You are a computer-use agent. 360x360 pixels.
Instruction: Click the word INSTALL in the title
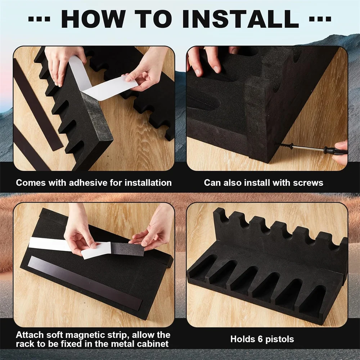tap(240, 19)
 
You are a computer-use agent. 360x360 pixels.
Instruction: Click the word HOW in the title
tap(93, 19)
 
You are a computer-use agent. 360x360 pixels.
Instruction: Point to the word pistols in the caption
tap(280, 339)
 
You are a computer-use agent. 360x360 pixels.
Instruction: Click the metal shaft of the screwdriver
tap(308, 148)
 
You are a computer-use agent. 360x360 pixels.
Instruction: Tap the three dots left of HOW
tap(39, 19)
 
